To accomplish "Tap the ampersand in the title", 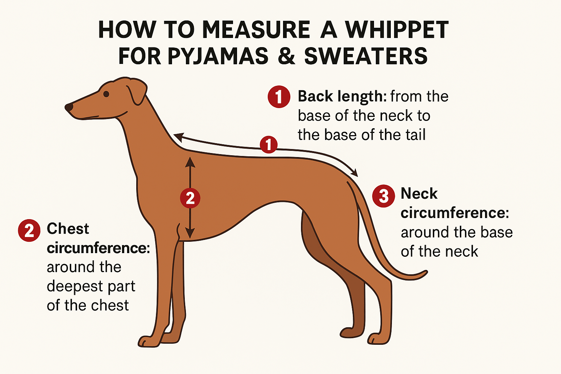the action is (286, 56).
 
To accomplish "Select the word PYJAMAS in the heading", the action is (218, 56).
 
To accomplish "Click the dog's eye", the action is (106, 94).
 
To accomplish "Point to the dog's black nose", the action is (69, 107).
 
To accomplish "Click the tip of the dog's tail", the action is (426, 271).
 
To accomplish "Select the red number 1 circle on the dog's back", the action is (269, 145).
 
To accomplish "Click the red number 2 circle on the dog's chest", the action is (190, 198).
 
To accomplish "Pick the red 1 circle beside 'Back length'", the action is (279, 97).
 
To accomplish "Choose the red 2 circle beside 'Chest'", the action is (29, 230).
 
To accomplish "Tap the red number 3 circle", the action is (383, 196).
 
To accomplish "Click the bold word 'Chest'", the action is (68, 229).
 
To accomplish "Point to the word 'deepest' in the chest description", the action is (75, 287).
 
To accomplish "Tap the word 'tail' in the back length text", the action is (416, 135).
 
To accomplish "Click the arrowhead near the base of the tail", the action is (355, 173).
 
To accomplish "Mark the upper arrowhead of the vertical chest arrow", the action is (190, 162).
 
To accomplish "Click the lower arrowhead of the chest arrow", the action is (190, 233).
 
